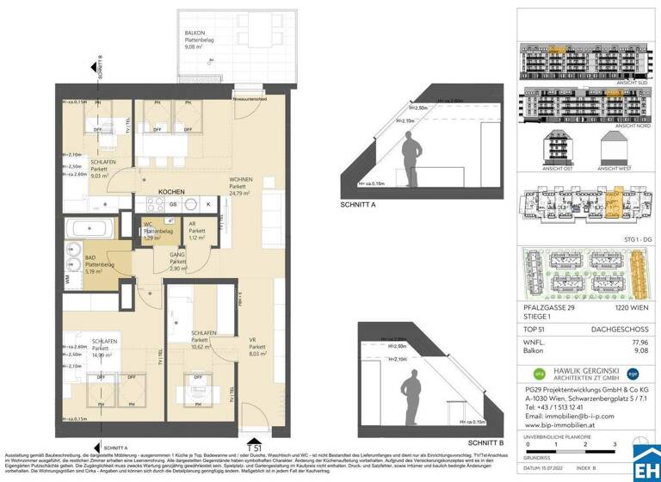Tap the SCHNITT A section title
point(359,206)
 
